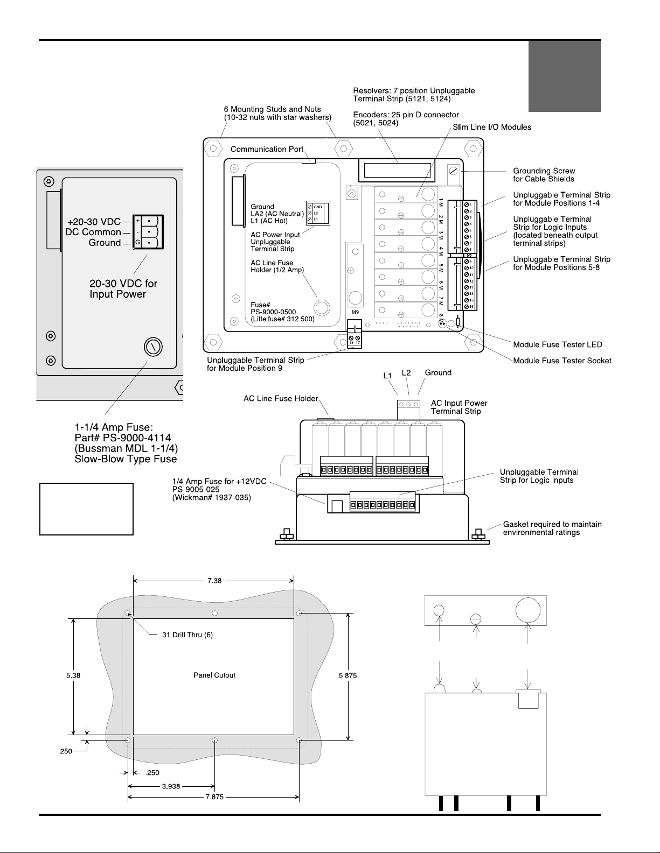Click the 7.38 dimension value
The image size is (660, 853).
(214, 581)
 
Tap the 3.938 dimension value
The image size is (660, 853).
(171, 786)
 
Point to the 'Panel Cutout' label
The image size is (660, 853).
(214, 675)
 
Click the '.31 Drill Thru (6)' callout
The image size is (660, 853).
(187, 635)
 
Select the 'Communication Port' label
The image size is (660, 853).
(267, 149)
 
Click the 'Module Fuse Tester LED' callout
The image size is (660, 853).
(558, 344)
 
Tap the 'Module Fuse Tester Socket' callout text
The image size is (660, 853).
(562, 361)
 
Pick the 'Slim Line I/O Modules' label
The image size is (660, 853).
(492, 127)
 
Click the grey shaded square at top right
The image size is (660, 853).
(565, 76)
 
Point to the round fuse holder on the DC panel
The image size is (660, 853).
(154, 347)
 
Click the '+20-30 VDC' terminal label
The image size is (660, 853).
(94, 222)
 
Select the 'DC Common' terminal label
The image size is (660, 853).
(93, 232)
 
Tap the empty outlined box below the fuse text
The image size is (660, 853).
(86, 509)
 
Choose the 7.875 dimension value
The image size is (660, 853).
(214, 797)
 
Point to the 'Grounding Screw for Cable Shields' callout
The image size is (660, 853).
(544, 175)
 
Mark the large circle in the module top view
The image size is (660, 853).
(528, 610)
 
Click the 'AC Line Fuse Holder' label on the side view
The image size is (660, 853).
(281, 398)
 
